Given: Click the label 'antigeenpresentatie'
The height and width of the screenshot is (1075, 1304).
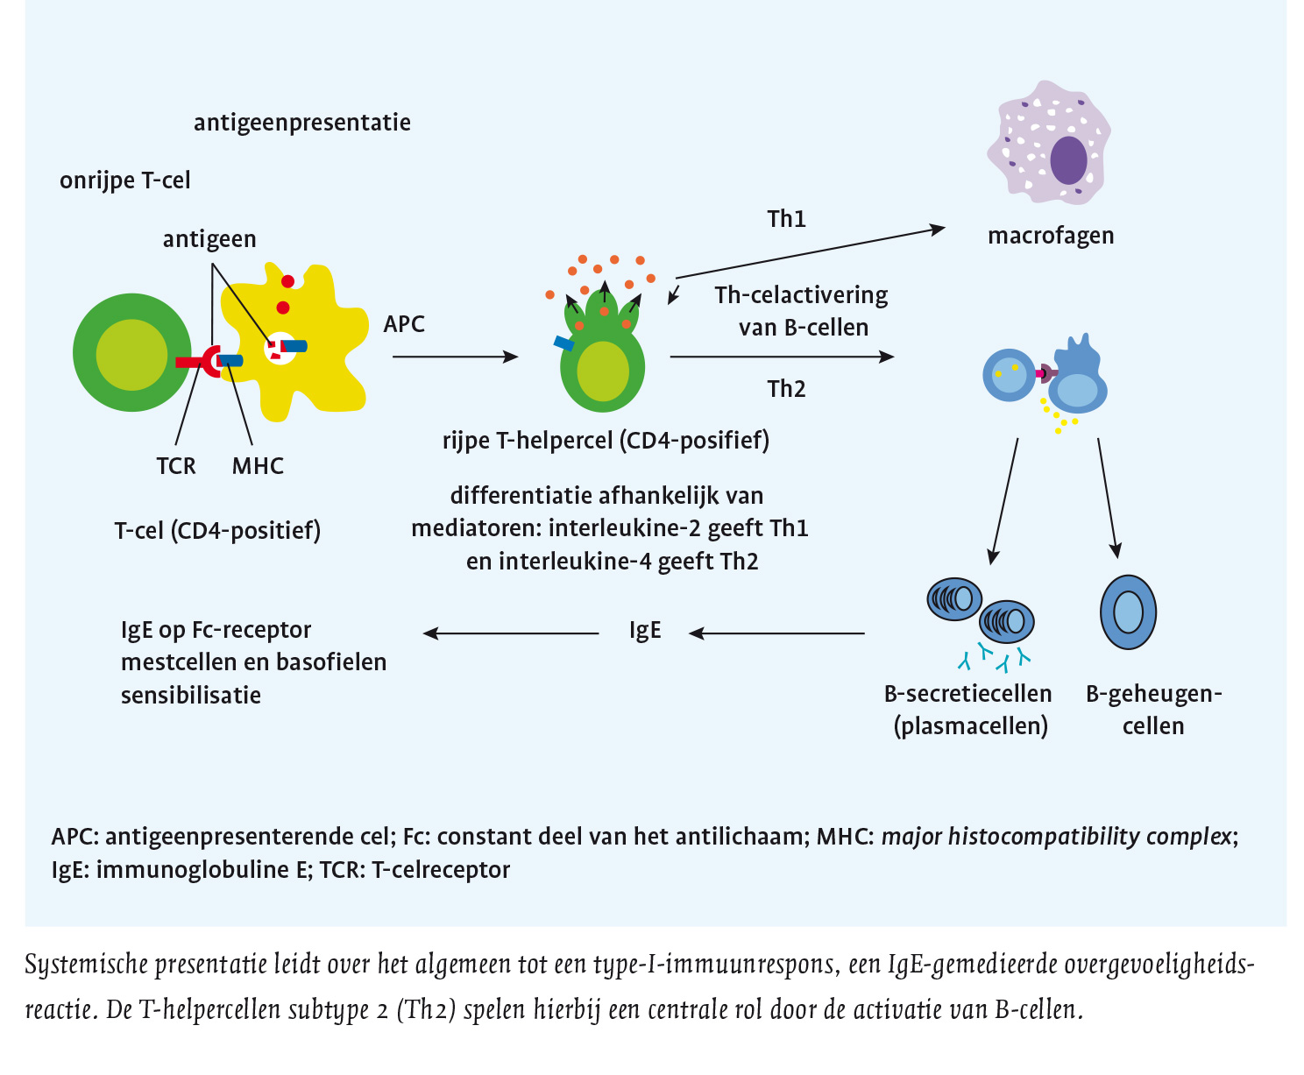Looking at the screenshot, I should point(302,122).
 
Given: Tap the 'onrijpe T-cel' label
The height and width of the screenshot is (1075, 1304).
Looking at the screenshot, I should point(125,180).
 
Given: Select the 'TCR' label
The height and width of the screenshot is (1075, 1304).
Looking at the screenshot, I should point(176,466).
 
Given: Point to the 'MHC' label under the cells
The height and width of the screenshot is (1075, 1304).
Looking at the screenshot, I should point(258,466).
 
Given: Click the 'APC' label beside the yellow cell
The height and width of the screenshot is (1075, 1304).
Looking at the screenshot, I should point(404,324).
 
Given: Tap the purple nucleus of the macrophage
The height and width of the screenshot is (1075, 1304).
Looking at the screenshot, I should point(1068,160).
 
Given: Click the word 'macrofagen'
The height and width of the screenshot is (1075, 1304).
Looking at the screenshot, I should point(1051,236).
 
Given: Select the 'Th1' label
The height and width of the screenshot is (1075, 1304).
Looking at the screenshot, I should point(786,219).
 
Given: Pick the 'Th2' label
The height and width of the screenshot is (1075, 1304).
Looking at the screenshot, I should point(786,389).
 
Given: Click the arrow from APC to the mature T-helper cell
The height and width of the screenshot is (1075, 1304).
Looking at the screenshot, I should point(455,357).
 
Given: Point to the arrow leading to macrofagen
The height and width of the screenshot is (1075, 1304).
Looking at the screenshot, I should point(811,253).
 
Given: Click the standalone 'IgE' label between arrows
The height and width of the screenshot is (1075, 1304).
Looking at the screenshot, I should point(645,631).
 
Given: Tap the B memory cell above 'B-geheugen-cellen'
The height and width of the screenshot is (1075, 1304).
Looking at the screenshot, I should point(1128,612).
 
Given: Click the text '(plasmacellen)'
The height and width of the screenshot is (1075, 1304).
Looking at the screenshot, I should point(971,726).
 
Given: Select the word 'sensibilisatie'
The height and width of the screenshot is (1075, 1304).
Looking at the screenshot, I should point(191,696).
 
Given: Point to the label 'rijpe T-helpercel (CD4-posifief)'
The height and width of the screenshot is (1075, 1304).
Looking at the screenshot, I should point(606,440).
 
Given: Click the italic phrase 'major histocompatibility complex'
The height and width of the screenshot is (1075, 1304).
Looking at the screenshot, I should point(1056,837).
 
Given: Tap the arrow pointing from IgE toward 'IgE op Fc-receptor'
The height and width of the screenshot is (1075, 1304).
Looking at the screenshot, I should point(511,633).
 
